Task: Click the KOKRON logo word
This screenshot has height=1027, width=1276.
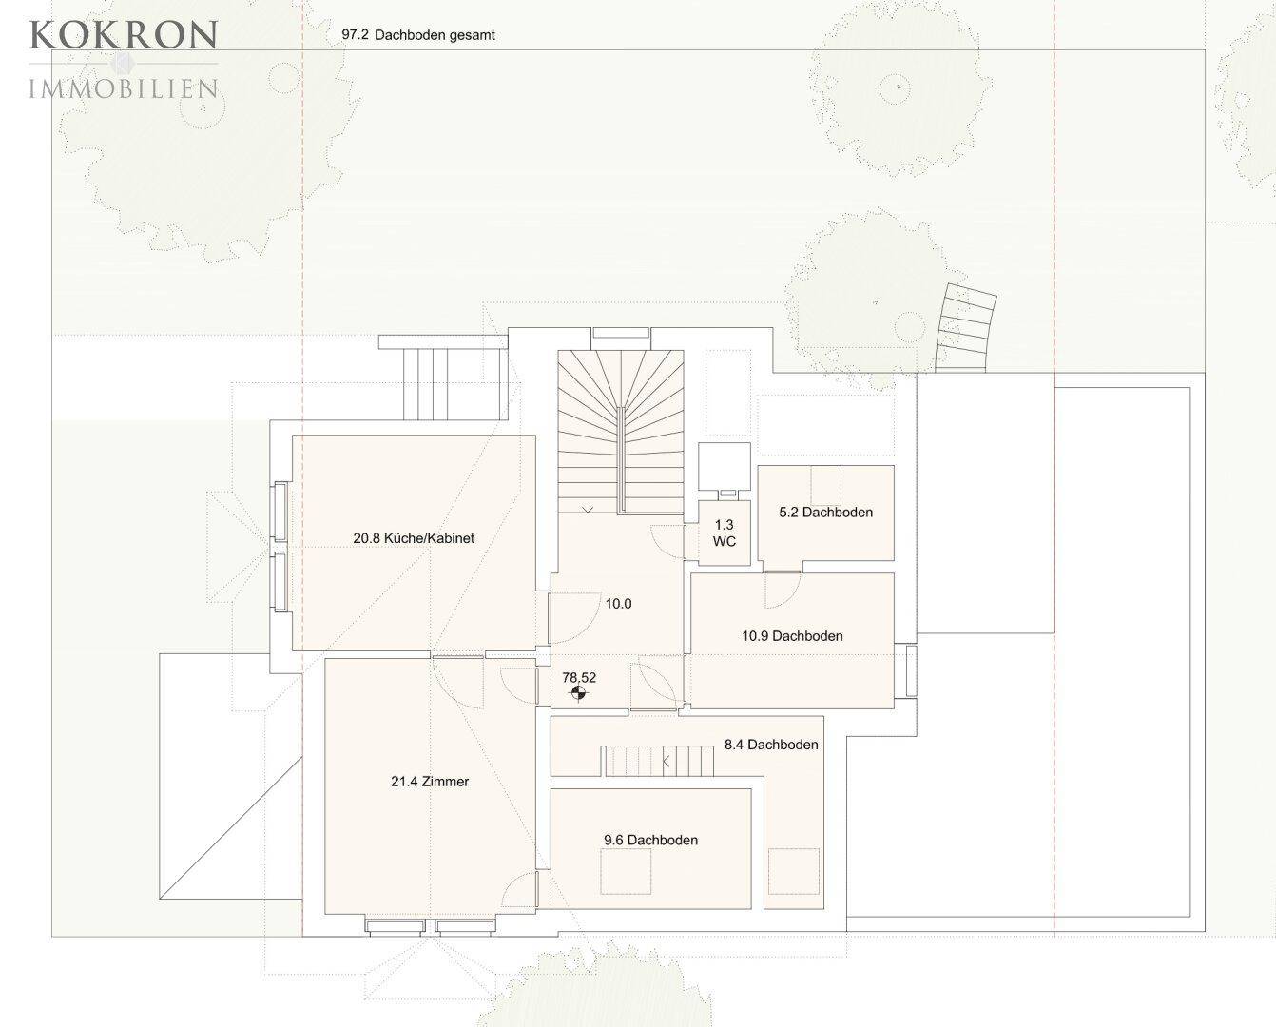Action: click(124, 34)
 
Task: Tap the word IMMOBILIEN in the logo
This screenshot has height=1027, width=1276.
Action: click(124, 89)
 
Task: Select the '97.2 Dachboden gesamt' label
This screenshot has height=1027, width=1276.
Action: click(418, 35)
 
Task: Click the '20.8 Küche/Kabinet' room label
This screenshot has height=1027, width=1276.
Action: click(414, 538)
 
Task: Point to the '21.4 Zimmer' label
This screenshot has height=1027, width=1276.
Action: click(430, 782)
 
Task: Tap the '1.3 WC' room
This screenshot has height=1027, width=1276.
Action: click(724, 533)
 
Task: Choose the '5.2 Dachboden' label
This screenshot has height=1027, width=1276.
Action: click(826, 513)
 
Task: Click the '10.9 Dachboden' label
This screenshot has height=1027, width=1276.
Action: click(792, 636)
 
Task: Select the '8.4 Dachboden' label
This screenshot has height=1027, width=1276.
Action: click(771, 745)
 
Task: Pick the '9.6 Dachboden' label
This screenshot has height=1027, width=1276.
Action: click(651, 841)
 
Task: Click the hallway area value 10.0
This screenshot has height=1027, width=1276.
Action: click(618, 604)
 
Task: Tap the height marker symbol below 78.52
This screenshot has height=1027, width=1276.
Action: click(579, 693)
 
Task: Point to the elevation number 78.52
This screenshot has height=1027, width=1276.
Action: click(579, 677)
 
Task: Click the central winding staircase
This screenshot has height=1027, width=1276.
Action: click(621, 432)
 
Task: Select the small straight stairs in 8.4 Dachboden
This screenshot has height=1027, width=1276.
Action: click(658, 761)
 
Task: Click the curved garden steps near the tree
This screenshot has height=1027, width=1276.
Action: click(965, 328)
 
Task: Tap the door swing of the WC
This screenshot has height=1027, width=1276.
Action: click(668, 541)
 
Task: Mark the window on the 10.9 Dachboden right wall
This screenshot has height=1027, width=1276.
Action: click(911, 670)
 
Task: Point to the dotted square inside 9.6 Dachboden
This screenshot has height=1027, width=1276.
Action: click(626, 871)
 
